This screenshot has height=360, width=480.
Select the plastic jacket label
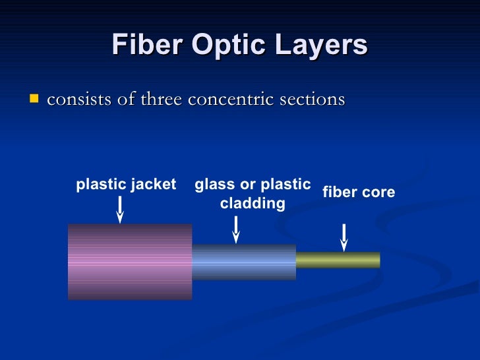click(126, 185)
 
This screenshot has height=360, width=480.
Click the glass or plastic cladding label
click(253, 194)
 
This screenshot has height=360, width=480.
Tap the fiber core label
click(358, 192)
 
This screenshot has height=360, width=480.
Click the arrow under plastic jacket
click(120, 209)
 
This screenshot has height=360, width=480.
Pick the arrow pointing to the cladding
click(236, 229)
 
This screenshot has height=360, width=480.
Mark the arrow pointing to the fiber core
click(344, 237)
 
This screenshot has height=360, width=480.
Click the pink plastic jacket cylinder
click(130, 262)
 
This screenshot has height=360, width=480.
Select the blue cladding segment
click(244, 262)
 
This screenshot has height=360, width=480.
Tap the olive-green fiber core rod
click(338, 260)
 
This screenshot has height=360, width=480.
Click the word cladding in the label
click(253, 204)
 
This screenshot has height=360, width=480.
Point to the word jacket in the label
click(156, 185)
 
